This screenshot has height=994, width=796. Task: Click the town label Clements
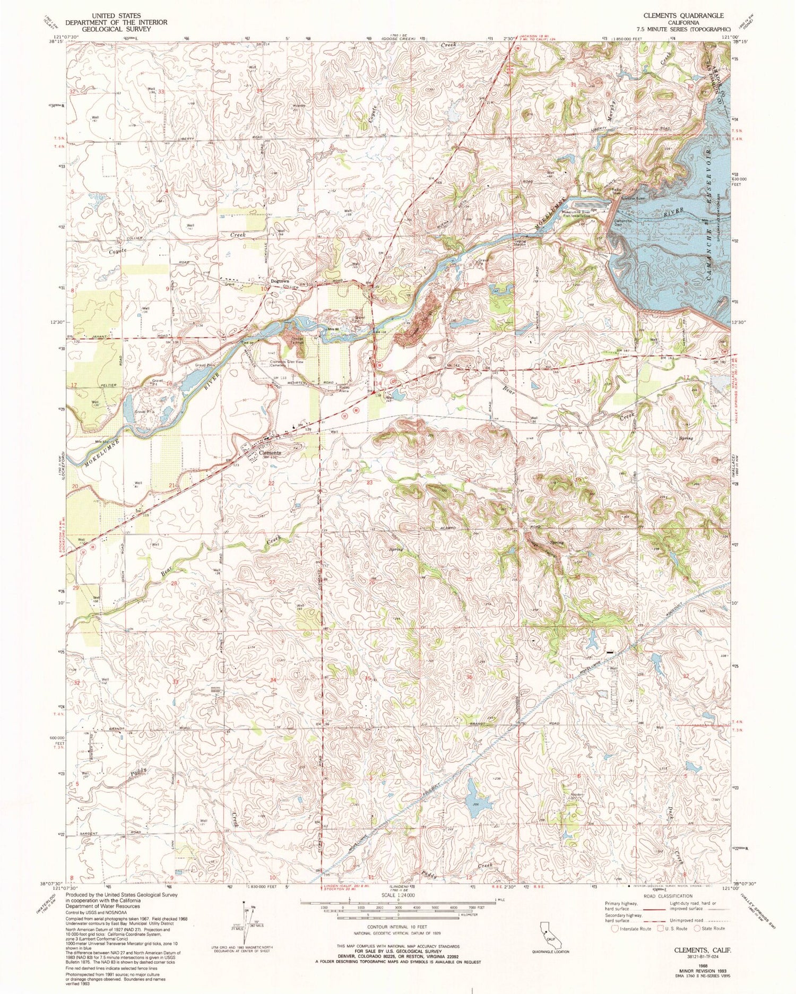[270, 453]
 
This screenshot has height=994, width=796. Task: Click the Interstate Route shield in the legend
[615, 929]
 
